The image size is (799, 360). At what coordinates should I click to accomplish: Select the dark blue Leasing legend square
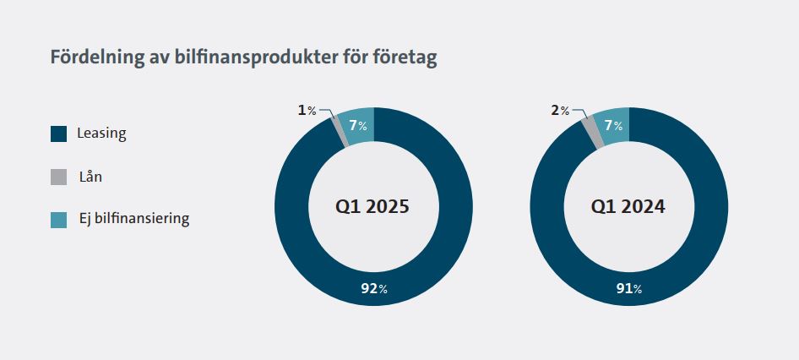click(58, 134)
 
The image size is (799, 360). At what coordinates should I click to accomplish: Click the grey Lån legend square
click(58, 177)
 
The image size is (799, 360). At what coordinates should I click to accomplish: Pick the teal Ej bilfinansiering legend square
click(58, 220)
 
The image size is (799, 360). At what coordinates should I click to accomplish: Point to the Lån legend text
click(90, 177)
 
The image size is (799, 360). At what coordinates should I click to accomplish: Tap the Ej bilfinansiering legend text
click(133, 219)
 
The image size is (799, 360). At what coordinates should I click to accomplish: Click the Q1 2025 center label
click(372, 206)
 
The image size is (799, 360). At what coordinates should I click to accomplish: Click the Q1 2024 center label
click(628, 206)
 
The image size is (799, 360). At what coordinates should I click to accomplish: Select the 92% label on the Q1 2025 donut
click(372, 289)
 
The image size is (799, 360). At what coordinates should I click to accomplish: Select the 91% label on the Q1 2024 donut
click(628, 289)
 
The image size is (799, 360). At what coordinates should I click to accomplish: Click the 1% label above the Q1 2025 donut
click(307, 110)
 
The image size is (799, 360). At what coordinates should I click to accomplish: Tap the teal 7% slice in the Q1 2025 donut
click(358, 126)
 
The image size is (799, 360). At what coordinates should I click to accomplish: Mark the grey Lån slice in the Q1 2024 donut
click(592, 133)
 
